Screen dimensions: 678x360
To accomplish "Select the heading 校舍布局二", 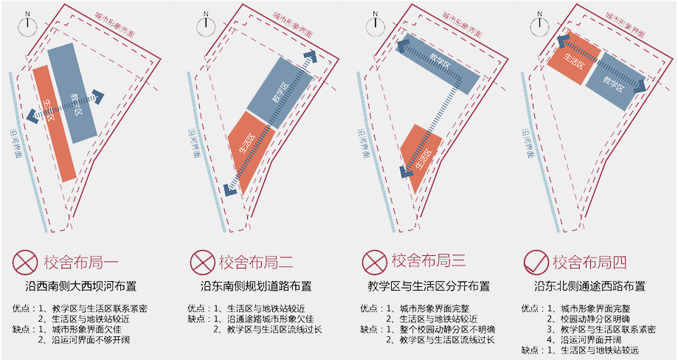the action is pyautogui.click(x=257, y=262).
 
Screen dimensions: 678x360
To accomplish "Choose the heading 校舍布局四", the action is pyautogui.click(x=589, y=262).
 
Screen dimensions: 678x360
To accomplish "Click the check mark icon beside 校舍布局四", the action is pyautogui.click(x=535, y=262).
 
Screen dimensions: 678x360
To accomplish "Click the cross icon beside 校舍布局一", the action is pyautogui.click(x=25, y=262).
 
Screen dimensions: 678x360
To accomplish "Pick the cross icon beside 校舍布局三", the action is pyautogui.click(x=374, y=261).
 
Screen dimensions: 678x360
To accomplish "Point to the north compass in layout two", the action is pyautogui.click(x=207, y=25).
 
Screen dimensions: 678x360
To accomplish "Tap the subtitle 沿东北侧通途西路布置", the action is pyautogui.click(x=589, y=286).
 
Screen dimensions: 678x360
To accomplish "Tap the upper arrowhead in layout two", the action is pyautogui.click(x=314, y=56).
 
